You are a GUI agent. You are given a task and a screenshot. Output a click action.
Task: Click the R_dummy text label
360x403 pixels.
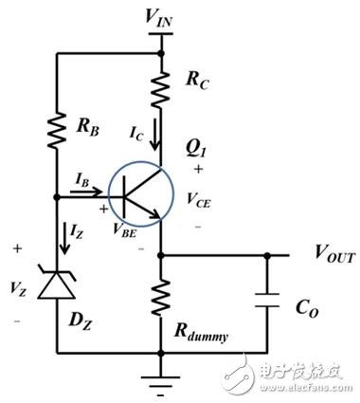207,331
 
